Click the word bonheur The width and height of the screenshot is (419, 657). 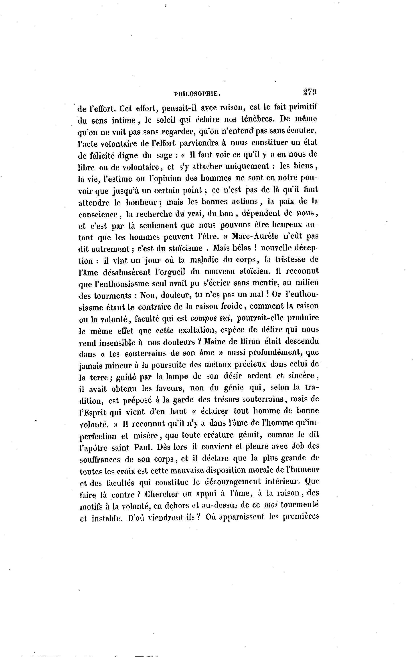[x=142, y=202]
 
